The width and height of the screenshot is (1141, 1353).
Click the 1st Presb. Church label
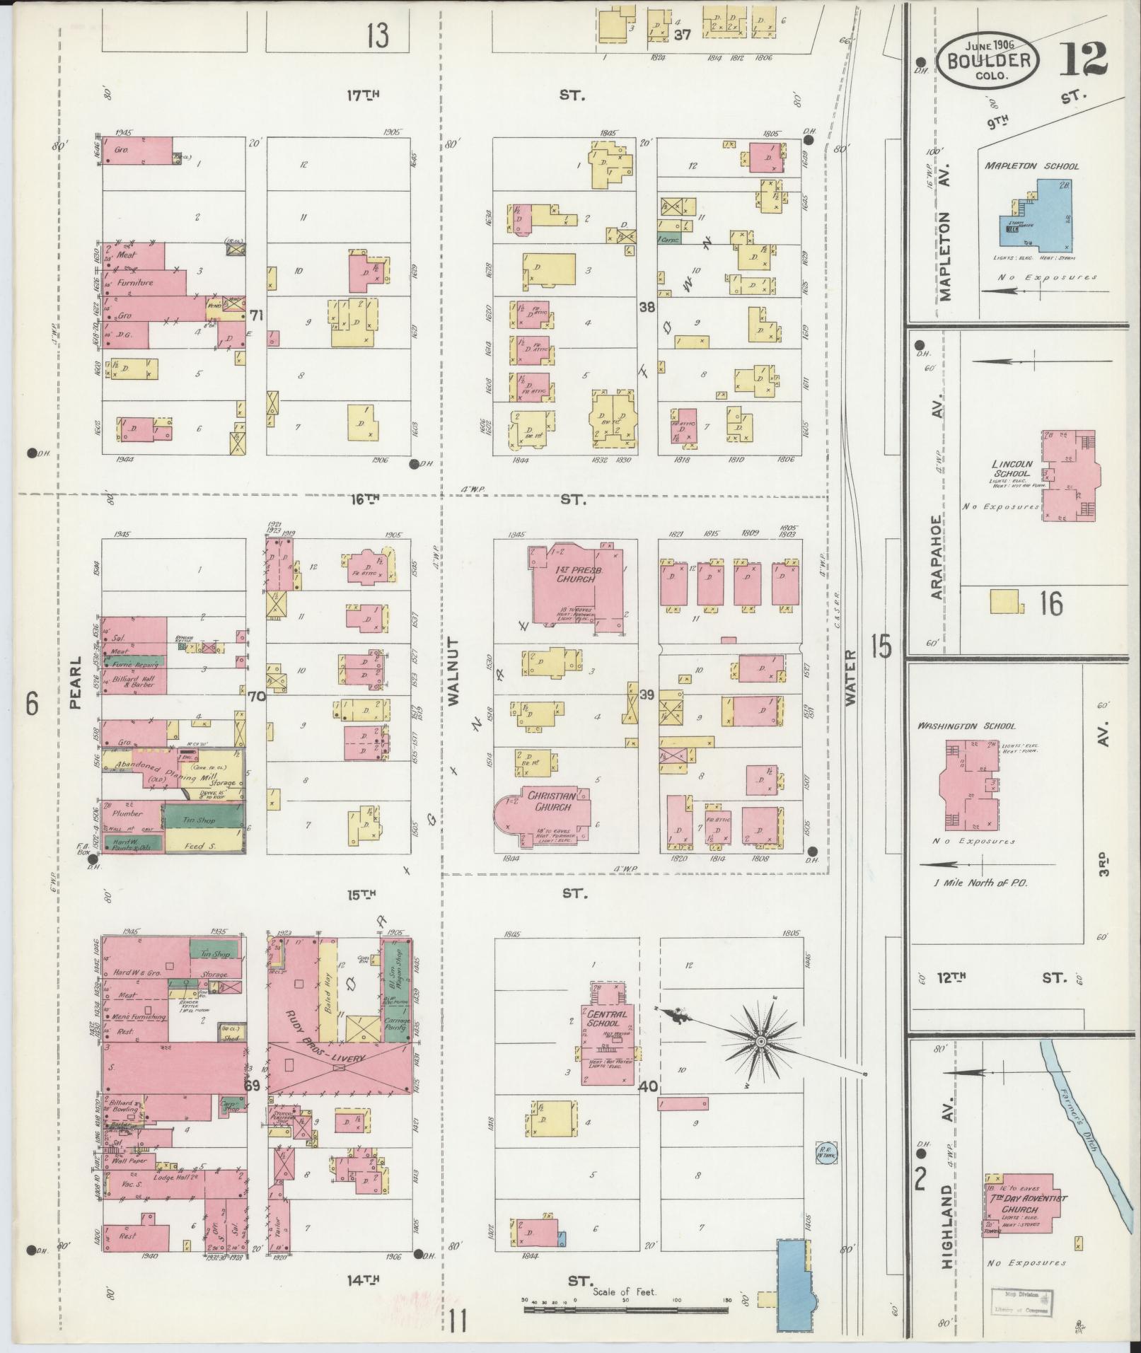click(x=574, y=574)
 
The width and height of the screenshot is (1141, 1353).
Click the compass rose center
click(x=761, y=1042)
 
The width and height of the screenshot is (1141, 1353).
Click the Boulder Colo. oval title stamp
click(x=987, y=62)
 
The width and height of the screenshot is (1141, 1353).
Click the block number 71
click(x=256, y=315)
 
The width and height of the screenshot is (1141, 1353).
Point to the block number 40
click(x=647, y=1086)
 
